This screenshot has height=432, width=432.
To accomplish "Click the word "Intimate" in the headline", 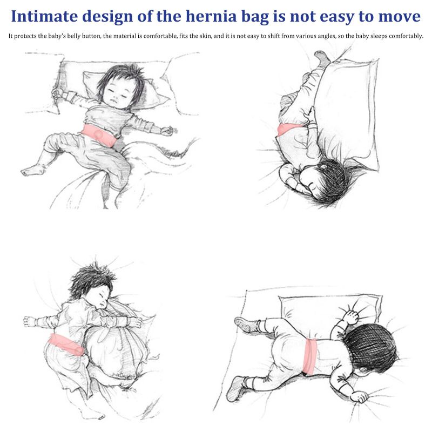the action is click(44, 16).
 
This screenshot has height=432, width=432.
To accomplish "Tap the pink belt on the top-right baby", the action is click(289, 129).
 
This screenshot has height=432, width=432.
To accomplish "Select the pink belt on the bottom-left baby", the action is click(65, 345).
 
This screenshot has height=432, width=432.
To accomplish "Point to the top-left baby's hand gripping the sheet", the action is click(57, 93).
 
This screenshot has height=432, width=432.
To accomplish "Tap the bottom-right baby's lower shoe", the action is click(236, 389).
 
